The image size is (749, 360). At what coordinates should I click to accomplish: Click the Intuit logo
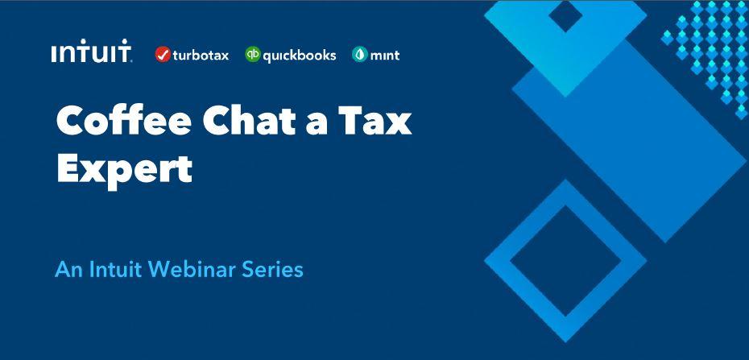(91, 51)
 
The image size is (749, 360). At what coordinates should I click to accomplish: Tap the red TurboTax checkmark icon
(163, 55)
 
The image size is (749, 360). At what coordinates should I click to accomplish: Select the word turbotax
(201, 56)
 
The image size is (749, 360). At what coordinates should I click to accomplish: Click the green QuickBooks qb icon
(253, 55)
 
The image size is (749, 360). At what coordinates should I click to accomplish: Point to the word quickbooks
(300, 56)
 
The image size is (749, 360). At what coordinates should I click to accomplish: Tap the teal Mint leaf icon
(360, 55)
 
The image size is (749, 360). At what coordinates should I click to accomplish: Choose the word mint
(384, 56)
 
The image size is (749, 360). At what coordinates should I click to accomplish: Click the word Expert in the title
(125, 168)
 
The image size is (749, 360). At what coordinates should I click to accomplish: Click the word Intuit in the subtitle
(115, 270)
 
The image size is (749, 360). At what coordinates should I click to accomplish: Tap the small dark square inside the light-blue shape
(565, 16)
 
